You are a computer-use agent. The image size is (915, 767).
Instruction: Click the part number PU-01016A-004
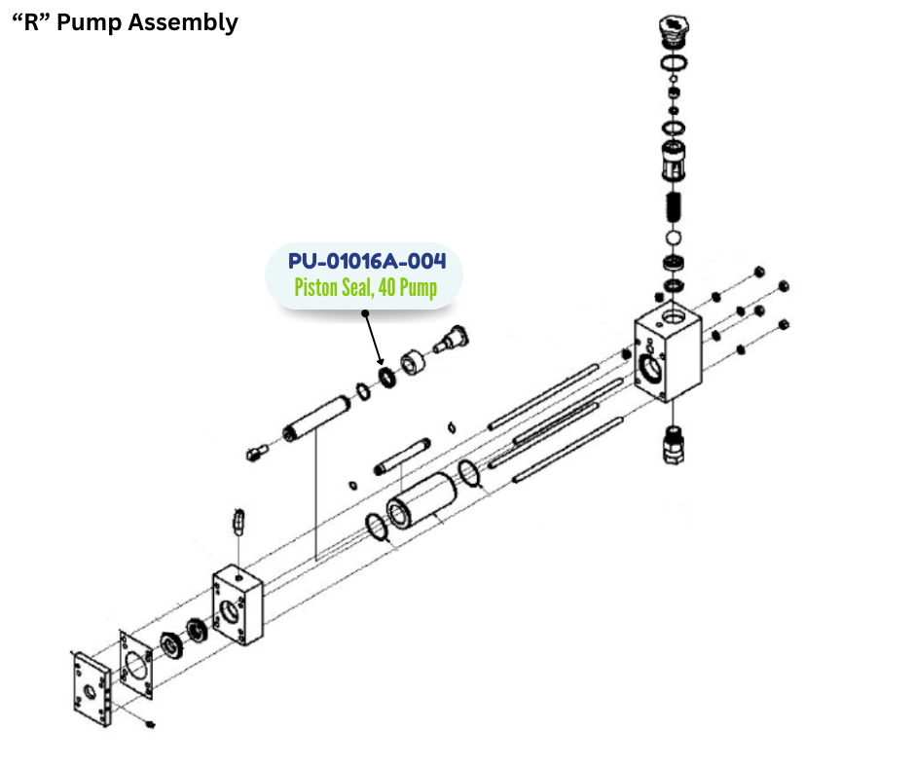click(367, 262)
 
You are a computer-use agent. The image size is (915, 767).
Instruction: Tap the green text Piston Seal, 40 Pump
click(365, 288)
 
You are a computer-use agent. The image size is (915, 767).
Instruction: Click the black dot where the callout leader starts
click(365, 313)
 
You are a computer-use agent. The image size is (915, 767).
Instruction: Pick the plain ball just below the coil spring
click(672, 238)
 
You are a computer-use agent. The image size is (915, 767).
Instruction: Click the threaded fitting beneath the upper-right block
click(671, 443)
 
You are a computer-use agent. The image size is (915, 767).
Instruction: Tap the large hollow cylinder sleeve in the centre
click(421, 499)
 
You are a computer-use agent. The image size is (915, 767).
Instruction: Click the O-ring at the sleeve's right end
click(469, 474)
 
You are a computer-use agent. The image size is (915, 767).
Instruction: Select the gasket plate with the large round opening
click(135, 666)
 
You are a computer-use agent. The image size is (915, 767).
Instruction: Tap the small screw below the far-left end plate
click(149, 725)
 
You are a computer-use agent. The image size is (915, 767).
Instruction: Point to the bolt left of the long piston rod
click(256, 453)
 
